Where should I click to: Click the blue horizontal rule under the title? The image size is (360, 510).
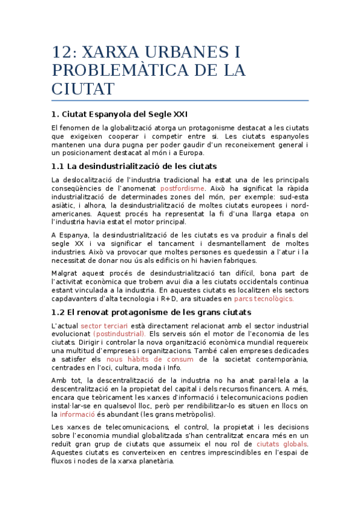[180, 100]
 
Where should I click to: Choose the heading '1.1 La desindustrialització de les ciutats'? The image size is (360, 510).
[134, 165]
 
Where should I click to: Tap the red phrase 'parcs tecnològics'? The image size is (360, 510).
[264, 298]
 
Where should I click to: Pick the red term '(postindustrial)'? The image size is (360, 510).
[120, 333]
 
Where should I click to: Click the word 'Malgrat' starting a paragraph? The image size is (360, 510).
[66, 272]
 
